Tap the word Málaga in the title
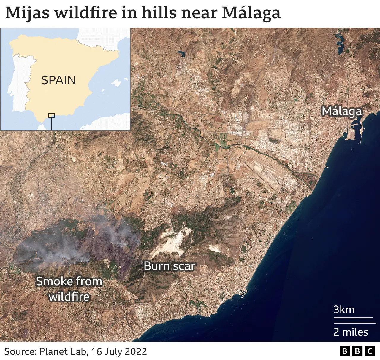(x=251, y=13)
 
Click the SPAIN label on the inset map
(x=58, y=80)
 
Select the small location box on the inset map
(x=51, y=116)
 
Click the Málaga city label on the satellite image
(x=342, y=111)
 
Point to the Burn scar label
(x=169, y=266)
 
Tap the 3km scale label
(x=344, y=310)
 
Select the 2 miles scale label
(x=351, y=332)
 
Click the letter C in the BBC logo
(x=370, y=351)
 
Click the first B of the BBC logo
(x=344, y=351)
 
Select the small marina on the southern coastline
(x=243, y=294)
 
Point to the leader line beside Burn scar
(x=135, y=266)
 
